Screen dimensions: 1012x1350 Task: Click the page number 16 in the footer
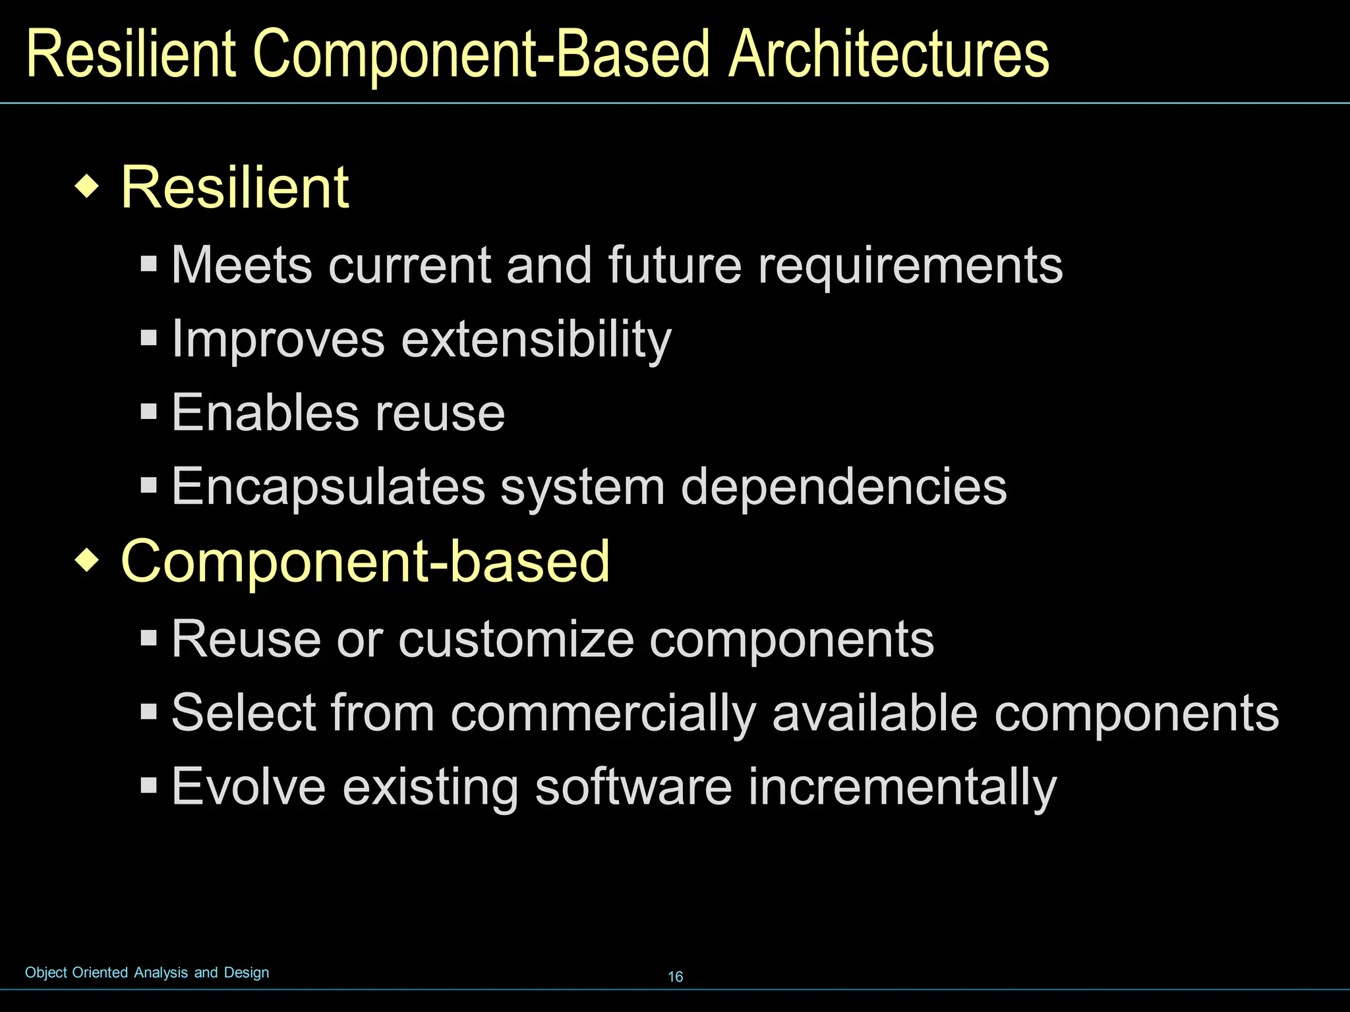tap(676, 977)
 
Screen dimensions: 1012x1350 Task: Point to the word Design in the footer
tap(247, 972)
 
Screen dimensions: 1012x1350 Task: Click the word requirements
tap(910, 266)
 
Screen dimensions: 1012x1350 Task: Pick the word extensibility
tap(537, 340)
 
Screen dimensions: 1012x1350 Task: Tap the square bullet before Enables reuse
tap(149, 412)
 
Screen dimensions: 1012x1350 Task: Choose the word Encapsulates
tap(328, 488)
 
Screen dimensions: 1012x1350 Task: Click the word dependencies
tap(844, 488)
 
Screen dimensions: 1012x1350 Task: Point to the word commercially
tap(603, 714)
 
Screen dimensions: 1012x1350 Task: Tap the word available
tap(875, 713)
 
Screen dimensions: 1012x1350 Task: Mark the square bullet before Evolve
tap(149, 785)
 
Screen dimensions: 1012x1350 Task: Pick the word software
tap(633, 786)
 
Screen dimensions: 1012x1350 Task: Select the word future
tap(675, 266)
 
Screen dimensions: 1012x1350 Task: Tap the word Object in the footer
tap(46, 972)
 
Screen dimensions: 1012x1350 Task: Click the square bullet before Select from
tap(149, 712)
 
